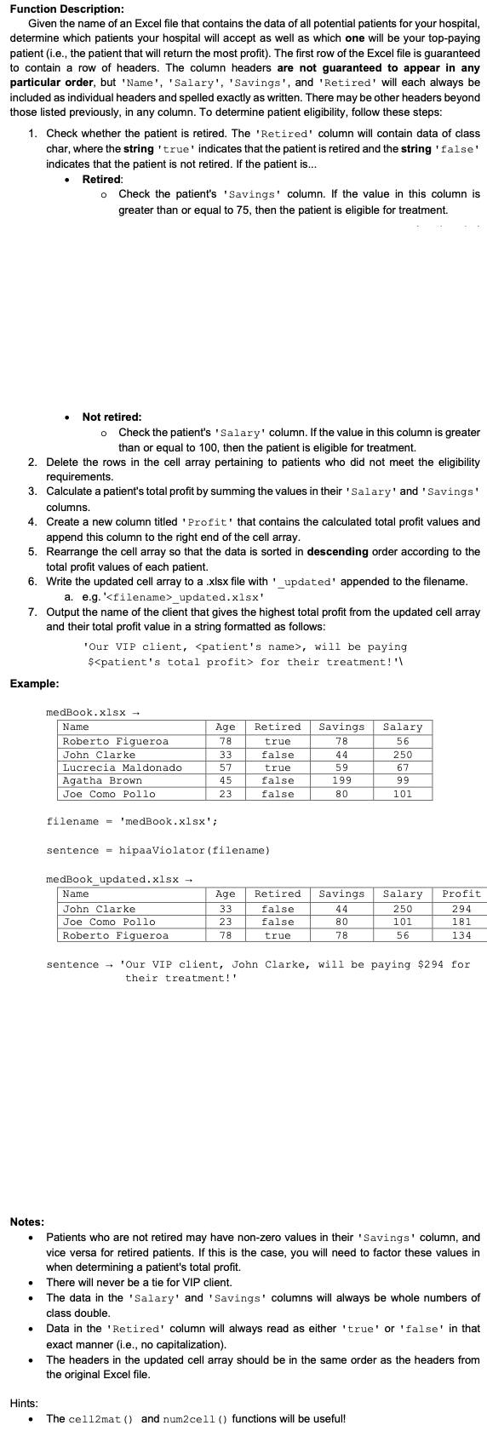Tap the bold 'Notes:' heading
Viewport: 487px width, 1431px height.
click(27, 1222)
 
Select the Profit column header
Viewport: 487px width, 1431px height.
click(461, 894)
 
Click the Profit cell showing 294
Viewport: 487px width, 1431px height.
click(461, 909)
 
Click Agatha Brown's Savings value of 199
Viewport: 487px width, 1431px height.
click(341, 780)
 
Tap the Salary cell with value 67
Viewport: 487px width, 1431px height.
click(403, 767)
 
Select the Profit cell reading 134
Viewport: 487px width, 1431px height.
click(461, 935)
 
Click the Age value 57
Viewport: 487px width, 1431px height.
click(226, 767)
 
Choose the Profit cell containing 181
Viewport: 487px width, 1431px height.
click(461, 922)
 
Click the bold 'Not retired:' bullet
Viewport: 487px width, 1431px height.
click(112, 417)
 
